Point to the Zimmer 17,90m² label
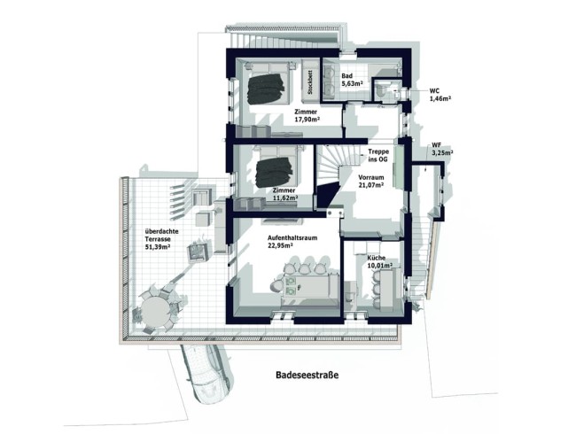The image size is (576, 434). pyautogui.click(x=307, y=117)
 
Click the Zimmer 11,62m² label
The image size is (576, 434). pyautogui.click(x=284, y=196)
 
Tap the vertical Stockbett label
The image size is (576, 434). pyautogui.click(x=311, y=81)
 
